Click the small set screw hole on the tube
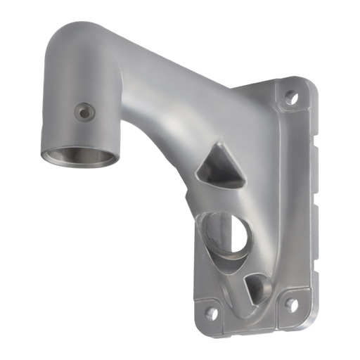pos(85,110)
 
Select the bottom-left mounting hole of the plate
pos(207,307)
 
